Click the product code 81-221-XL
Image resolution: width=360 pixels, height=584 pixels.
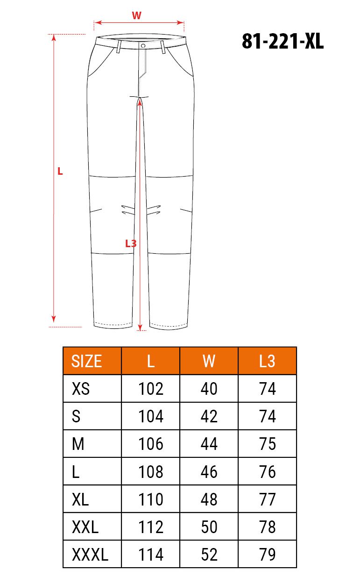(x=282, y=42)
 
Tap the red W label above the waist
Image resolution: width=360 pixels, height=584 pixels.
(x=136, y=15)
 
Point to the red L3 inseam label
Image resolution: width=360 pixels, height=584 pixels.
(x=131, y=243)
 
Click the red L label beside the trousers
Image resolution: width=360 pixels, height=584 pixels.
(x=60, y=171)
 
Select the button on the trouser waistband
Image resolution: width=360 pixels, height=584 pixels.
(x=142, y=45)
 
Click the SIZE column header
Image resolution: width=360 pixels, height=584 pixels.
(x=86, y=361)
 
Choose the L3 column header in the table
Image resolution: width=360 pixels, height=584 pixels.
(x=267, y=361)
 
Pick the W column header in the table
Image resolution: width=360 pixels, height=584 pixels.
(x=209, y=361)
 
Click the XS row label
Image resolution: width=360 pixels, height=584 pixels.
(x=81, y=389)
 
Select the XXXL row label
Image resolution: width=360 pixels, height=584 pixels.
(x=90, y=555)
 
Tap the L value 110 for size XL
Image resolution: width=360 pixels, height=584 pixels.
(x=151, y=499)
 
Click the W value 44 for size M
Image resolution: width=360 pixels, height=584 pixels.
(x=209, y=444)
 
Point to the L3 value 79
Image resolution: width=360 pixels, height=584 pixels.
(x=267, y=555)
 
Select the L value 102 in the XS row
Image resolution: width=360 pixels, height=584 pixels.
(x=151, y=389)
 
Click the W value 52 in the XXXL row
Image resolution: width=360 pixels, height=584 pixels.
(x=209, y=555)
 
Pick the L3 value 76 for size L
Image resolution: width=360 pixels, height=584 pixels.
(x=267, y=472)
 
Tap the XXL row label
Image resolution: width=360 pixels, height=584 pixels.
(x=85, y=527)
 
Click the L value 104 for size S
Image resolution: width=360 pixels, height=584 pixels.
(x=151, y=416)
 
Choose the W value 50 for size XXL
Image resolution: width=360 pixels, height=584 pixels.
(x=209, y=527)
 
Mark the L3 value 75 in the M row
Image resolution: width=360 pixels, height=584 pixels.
(x=267, y=444)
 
